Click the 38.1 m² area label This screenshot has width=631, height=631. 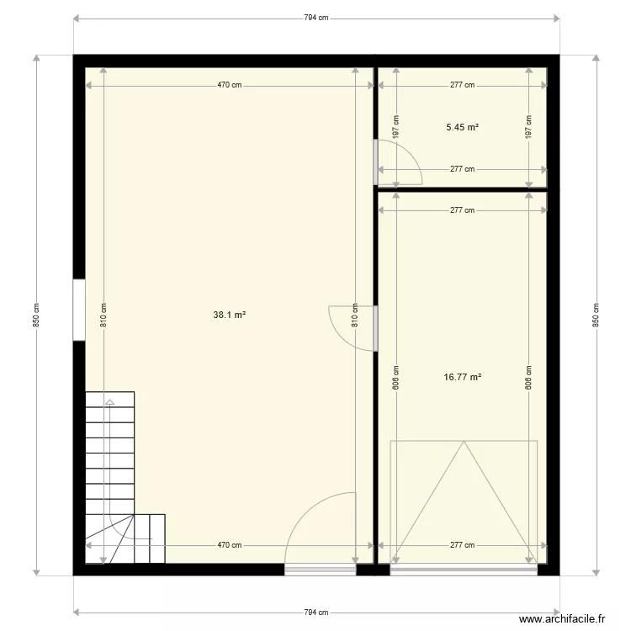pyautogui.click(x=229, y=315)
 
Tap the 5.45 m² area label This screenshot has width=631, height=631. pyautogui.click(x=462, y=127)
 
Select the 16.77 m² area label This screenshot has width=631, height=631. pyautogui.click(x=462, y=378)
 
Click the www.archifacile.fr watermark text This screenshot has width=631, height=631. pyautogui.click(x=562, y=618)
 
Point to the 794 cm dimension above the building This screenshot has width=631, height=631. pyautogui.click(x=315, y=17)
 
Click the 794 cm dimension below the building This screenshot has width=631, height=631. pyautogui.click(x=315, y=612)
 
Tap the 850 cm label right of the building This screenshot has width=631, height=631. pyautogui.click(x=596, y=315)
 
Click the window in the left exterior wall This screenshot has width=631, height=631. pyautogui.click(x=78, y=310)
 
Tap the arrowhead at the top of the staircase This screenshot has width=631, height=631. pyautogui.click(x=109, y=402)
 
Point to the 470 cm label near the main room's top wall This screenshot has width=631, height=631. pyautogui.click(x=230, y=85)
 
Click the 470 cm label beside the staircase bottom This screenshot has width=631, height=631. pyautogui.click(x=230, y=545)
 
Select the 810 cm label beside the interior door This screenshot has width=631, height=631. pyautogui.click(x=355, y=315)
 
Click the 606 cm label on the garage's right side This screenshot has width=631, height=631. pyautogui.click(x=528, y=375)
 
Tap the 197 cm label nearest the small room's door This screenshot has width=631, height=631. pyautogui.click(x=395, y=127)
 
